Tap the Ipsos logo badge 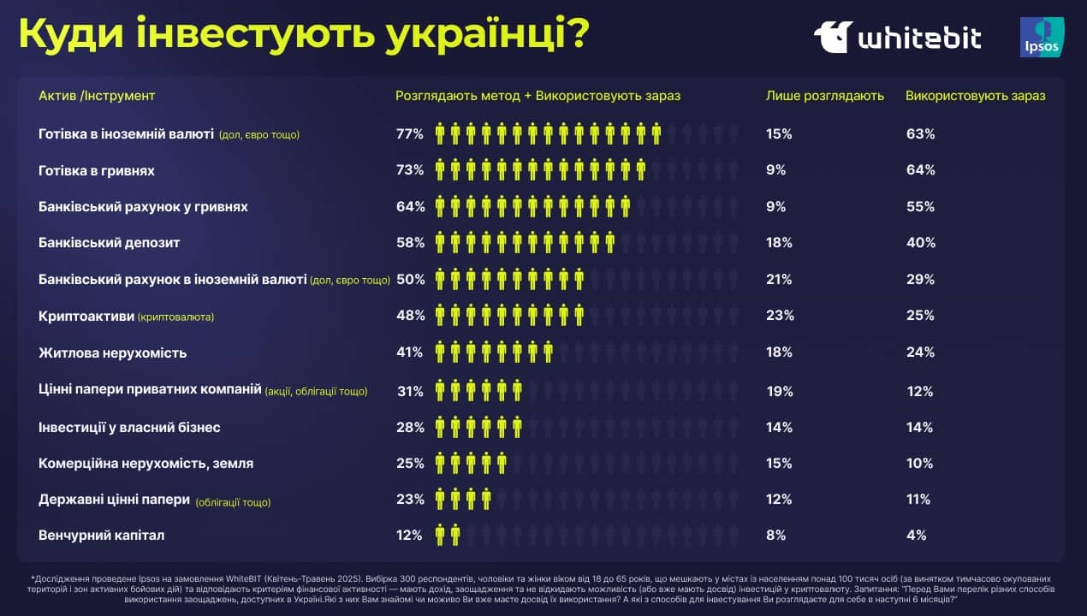tap(1042, 38)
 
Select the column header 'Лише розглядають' tap(824, 96)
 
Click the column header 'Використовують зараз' tap(975, 96)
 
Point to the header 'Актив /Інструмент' tap(97, 96)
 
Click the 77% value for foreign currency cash tap(409, 134)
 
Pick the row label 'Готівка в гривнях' tap(97, 170)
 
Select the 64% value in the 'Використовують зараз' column tap(920, 170)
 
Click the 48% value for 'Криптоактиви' tap(409, 316)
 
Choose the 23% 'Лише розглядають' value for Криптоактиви tap(780, 316)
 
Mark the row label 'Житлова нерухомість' tap(112, 352)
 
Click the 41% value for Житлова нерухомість tap(409, 352)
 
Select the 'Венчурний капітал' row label tap(101, 536)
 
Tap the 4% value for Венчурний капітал tap(916, 536)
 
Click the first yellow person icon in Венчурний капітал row tap(441, 536)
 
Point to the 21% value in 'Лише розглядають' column tap(779, 280)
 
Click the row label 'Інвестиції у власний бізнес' tap(129, 427)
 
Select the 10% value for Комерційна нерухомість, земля tap(919, 464)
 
